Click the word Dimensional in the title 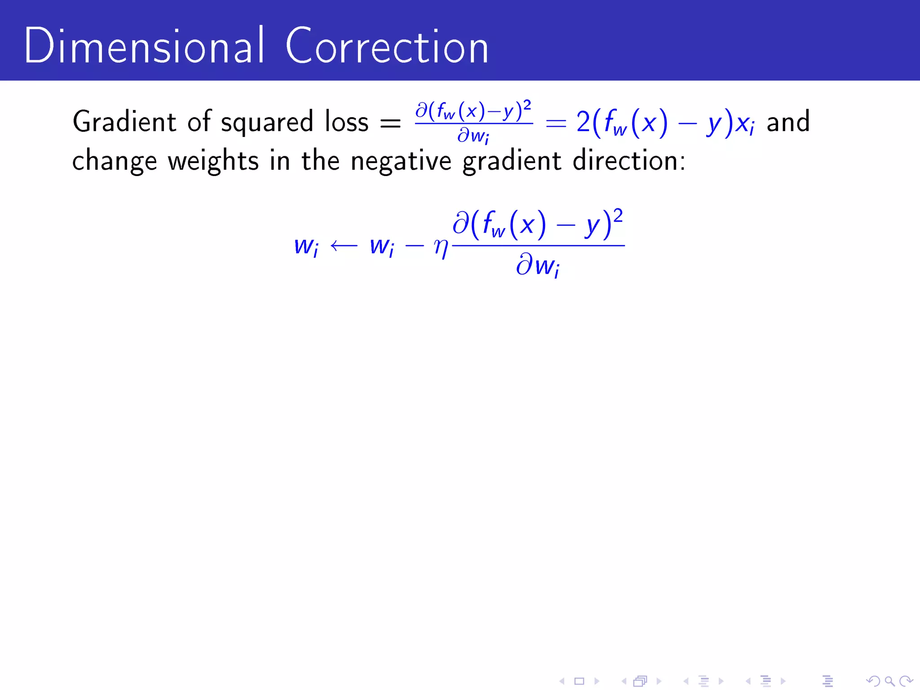pos(144,46)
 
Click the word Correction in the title pos(387,47)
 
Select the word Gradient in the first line pos(124,122)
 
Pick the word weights pos(213,161)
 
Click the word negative pos(401,161)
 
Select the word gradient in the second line pos(512,161)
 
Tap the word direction pos(629,160)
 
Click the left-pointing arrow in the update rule pos(344,246)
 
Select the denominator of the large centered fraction pos(538,266)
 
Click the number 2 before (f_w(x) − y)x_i pos(583,122)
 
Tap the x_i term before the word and pos(745,123)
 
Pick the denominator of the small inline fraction pos(473,135)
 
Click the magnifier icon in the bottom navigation pos(889,681)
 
